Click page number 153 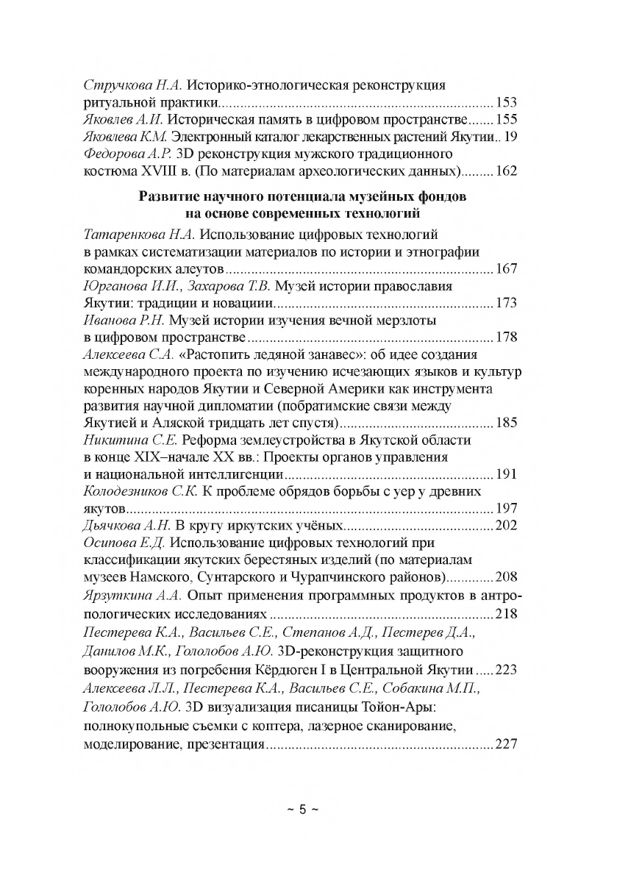[507, 101]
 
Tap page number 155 [507, 118]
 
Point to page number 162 [507, 171]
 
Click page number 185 [507, 423]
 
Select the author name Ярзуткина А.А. [130, 594]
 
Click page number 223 [507, 669]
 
